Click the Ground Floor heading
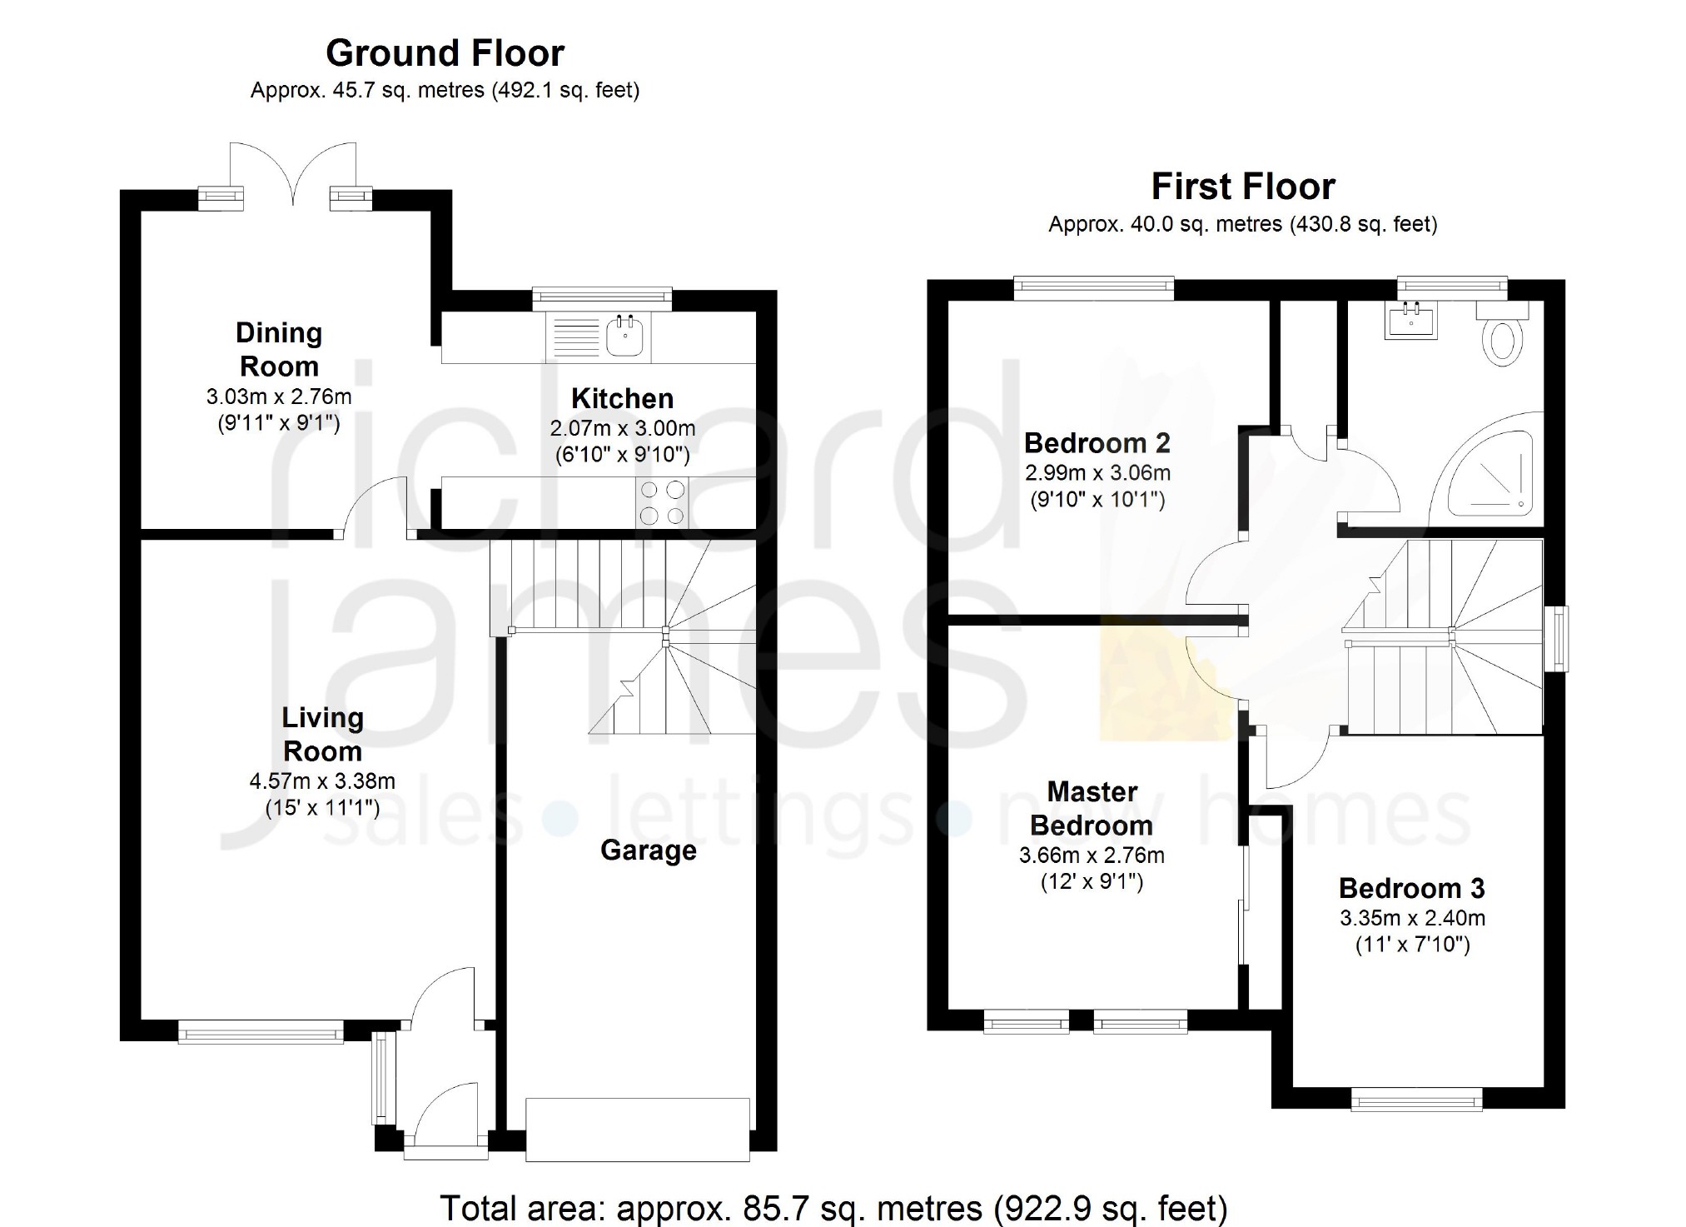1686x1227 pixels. [445, 53]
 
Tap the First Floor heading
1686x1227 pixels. [1243, 187]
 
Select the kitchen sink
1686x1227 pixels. [627, 336]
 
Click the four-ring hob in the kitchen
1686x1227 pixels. [662, 502]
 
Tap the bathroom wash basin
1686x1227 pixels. [1410, 319]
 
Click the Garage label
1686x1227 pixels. [649, 850]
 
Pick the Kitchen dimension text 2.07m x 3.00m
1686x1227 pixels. [622, 428]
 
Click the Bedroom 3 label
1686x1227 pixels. [1411, 889]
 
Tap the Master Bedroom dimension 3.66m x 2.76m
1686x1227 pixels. [1092, 855]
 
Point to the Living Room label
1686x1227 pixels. [322, 734]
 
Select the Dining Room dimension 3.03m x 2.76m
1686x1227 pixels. [279, 397]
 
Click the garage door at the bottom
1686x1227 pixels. [638, 1130]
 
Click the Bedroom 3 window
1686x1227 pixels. [1416, 1100]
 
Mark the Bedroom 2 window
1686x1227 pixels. [1094, 288]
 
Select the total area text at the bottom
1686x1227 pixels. [833, 1208]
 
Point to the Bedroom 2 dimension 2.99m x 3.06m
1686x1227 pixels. [1097, 473]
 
